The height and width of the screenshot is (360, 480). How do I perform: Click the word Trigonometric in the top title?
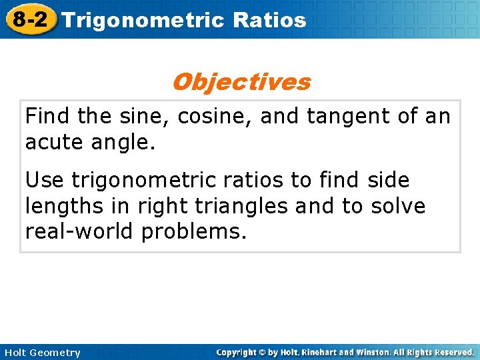(x=144, y=20)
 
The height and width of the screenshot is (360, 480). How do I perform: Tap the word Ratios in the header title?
(x=270, y=20)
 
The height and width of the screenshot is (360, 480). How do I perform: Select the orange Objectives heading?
(x=241, y=82)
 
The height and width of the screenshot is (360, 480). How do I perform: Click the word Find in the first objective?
(x=48, y=116)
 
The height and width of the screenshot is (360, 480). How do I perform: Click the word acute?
(x=53, y=143)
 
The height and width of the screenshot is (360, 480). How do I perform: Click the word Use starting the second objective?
(x=45, y=180)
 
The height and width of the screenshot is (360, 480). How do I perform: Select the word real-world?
(x=79, y=233)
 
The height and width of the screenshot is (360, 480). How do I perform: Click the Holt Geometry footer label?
(x=41, y=353)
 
